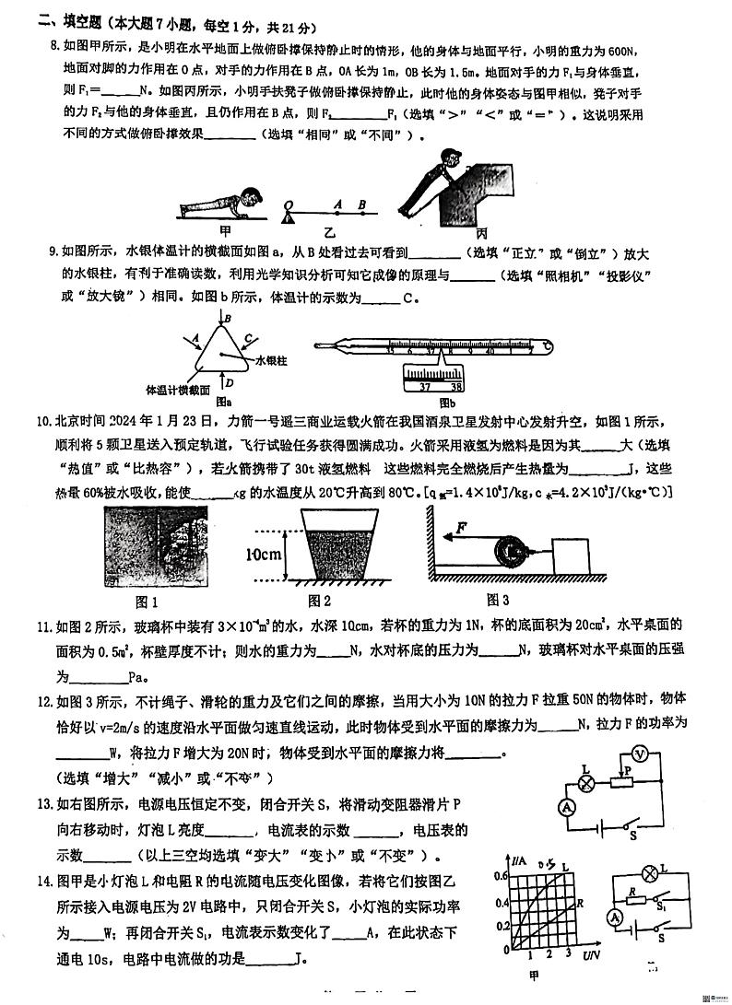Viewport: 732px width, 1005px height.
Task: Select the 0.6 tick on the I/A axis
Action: coord(502,877)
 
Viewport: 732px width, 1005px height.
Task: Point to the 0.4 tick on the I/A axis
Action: coord(502,903)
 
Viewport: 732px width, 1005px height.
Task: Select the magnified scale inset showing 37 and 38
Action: coord(433,379)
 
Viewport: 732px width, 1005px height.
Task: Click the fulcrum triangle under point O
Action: coord(290,217)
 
